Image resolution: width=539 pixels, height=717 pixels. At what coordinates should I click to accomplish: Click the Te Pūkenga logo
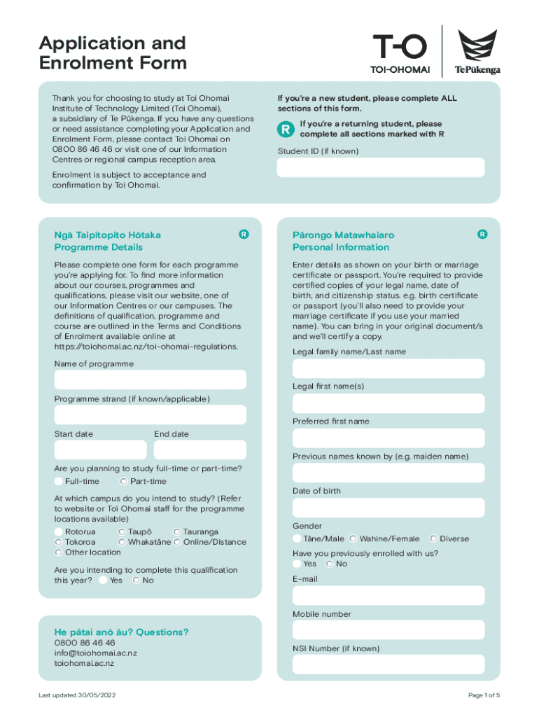pyautogui.click(x=477, y=51)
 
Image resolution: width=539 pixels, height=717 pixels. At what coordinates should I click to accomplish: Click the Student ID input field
pyautogui.click(x=381, y=167)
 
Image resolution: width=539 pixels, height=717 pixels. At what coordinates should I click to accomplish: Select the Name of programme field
pyautogui.click(x=150, y=380)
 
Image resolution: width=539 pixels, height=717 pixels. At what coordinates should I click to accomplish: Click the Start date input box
pyautogui.click(x=100, y=450)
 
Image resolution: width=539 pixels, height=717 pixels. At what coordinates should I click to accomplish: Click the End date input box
pyautogui.click(x=199, y=450)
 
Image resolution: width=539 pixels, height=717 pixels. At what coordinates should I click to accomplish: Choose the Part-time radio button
pyautogui.click(x=124, y=482)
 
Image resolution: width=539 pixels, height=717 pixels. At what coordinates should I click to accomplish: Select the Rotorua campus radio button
pyautogui.click(x=59, y=532)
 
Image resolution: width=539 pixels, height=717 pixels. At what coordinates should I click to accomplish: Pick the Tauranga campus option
pyautogui.click(x=177, y=532)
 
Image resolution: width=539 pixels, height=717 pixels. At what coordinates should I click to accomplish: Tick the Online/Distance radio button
pyautogui.click(x=177, y=542)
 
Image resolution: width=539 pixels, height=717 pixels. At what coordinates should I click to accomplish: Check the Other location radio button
pyautogui.click(x=59, y=552)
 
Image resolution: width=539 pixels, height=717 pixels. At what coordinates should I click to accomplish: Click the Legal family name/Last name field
pyautogui.click(x=388, y=368)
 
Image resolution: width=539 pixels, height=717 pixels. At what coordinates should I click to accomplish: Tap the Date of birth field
pyautogui.click(x=388, y=508)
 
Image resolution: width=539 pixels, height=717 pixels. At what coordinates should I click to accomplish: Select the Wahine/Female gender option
pyautogui.click(x=353, y=539)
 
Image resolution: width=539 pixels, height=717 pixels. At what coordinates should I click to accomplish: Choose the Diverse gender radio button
pyautogui.click(x=434, y=539)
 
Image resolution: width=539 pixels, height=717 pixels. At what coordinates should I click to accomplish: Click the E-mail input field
pyautogui.click(x=388, y=596)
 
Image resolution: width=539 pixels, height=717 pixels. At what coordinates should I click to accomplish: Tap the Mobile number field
pyautogui.click(x=388, y=631)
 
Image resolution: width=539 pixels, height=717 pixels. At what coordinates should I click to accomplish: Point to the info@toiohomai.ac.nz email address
pyautogui.click(x=96, y=653)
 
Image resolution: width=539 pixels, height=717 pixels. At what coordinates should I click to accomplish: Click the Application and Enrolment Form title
pyautogui.click(x=113, y=53)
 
